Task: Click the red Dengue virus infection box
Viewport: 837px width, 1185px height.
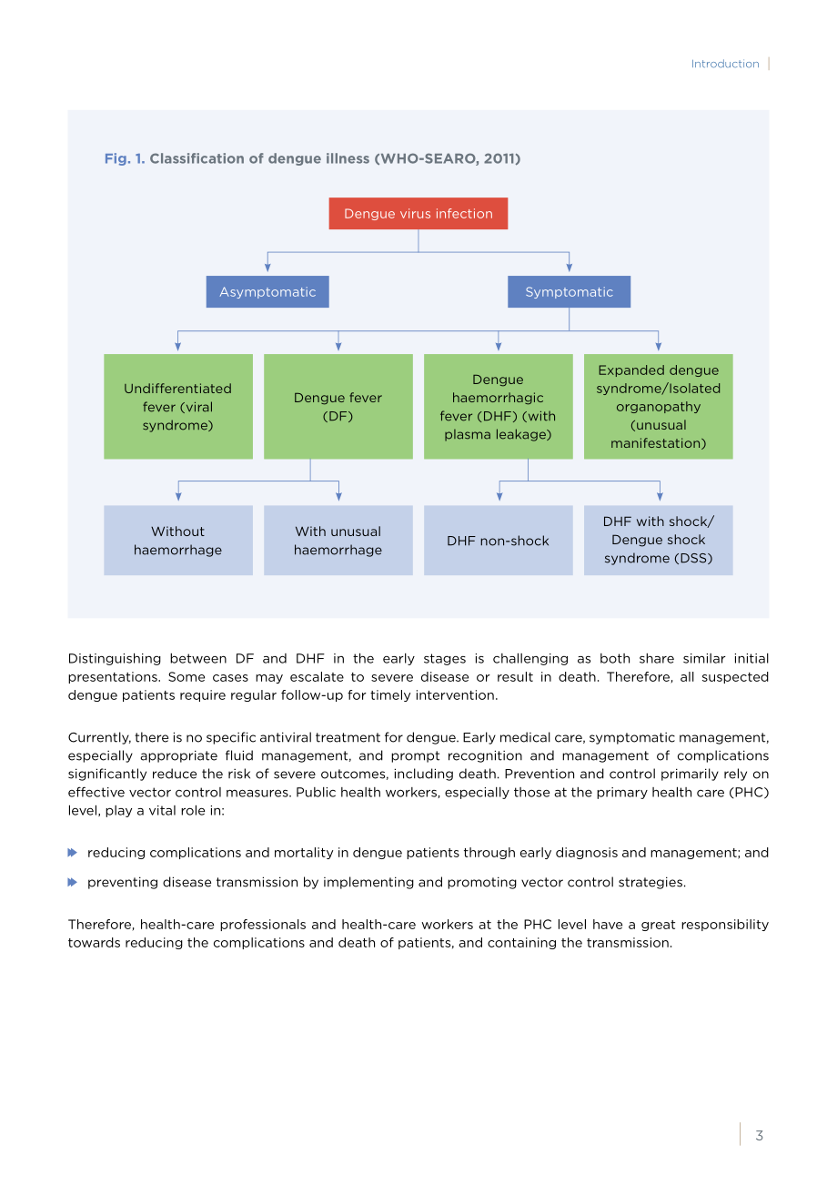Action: coord(418,213)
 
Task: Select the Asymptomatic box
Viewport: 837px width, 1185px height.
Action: coord(267,291)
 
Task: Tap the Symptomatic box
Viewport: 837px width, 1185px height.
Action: coord(569,291)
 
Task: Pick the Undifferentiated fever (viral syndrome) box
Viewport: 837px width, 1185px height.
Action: coord(178,406)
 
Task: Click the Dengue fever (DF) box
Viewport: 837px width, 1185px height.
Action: coord(338,406)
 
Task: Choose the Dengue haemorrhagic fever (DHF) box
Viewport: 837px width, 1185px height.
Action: coord(498,406)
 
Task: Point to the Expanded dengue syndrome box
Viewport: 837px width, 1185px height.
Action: coord(659,406)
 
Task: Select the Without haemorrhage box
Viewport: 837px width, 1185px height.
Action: coord(178,540)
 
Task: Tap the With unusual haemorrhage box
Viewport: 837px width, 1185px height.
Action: coord(338,540)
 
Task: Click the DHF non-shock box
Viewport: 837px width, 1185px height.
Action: coord(498,540)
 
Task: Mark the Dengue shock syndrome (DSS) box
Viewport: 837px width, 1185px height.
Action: coord(659,540)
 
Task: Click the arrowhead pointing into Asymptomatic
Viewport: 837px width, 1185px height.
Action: coord(267,268)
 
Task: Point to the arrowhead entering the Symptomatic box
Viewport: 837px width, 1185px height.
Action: coord(569,268)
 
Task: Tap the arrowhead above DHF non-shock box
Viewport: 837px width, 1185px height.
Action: coord(499,497)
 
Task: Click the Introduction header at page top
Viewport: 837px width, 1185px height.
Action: coord(725,64)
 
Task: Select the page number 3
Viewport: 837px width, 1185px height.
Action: coord(760,1135)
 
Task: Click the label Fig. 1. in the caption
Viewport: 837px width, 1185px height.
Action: coord(125,158)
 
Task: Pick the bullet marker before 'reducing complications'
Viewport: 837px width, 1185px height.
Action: coord(73,852)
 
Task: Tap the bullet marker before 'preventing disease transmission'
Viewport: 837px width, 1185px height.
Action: coord(73,882)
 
